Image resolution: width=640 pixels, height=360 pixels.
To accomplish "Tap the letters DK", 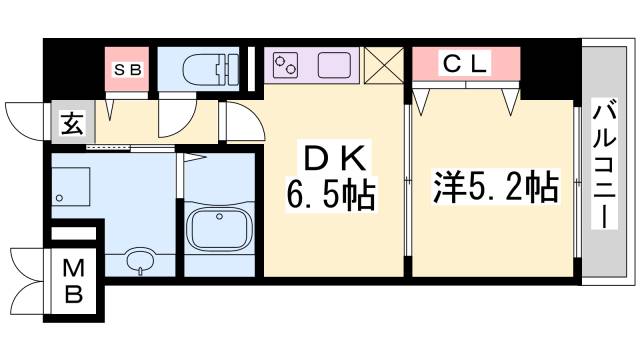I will (x=332, y=157).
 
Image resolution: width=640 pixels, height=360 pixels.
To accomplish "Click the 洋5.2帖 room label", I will (x=494, y=187).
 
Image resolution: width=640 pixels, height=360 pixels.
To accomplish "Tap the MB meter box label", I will (x=74, y=281).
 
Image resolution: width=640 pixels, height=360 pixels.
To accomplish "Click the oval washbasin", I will (x=139, y=262).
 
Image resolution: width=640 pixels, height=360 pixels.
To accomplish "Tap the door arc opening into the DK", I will (x=240, y=122).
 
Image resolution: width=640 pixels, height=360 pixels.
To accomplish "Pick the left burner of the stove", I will (x=281, y=62).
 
